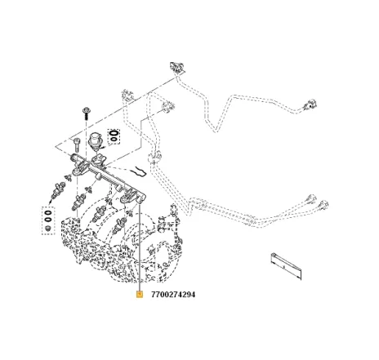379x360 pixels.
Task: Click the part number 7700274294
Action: coord(173,295)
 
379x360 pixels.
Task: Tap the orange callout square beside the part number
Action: coord(140,294)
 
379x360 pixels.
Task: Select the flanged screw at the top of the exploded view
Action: coord(87,113)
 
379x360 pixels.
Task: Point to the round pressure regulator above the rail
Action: coord(96,141)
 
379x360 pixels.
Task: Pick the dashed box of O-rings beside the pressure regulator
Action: coord(114,136)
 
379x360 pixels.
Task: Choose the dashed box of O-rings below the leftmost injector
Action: coord(48,220)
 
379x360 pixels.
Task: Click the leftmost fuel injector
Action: coord(58,190)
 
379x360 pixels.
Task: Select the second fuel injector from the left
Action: coord(78,202)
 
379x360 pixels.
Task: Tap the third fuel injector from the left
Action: coord(99,213)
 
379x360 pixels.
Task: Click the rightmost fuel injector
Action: coord(119,224)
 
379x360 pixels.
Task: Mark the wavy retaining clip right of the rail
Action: coord(139,171)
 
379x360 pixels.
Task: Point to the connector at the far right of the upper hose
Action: coord(310,104)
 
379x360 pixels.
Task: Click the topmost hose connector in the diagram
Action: coord(177,68)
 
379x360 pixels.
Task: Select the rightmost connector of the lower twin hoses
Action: coord(323,205)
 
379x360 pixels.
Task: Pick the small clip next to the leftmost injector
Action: coord(67,178)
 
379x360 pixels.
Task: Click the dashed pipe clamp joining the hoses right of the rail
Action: coord(155,156)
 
